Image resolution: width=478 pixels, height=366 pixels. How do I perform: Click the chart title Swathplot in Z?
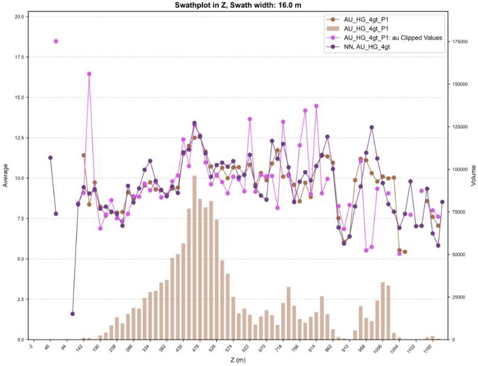click(x=239, y=5)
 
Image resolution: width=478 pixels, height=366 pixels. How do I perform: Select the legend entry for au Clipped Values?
click(x=393, y=38)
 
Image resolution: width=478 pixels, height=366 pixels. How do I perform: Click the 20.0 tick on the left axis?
click(x=19, y=16)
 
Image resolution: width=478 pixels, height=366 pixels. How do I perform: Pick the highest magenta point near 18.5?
click(x=56, y=41)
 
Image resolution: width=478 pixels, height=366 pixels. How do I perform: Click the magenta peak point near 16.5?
click(x=89, y=74)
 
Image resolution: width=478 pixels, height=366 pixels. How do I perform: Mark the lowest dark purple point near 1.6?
click(x=73, y=314)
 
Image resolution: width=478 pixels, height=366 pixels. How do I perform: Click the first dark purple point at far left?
click(x=51, y=158)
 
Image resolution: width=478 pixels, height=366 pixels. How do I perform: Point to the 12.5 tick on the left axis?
click(x=19, y=138)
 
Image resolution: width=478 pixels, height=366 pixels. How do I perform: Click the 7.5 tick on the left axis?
click(x=20, y=218)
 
